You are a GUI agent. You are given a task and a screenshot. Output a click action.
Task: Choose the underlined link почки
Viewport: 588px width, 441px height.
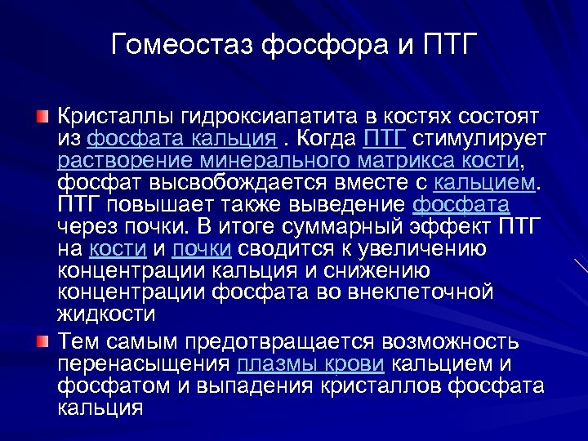pos(202,248)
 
